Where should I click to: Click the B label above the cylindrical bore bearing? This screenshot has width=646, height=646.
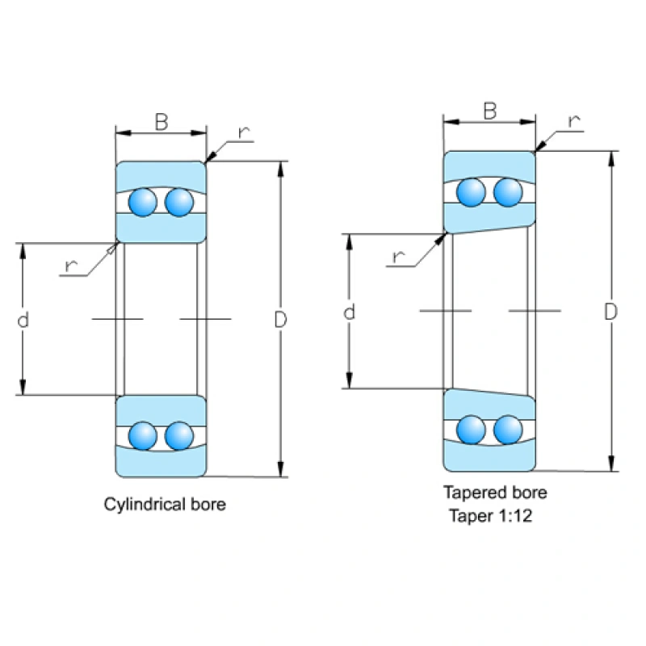161,122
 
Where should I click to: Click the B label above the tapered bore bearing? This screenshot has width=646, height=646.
489,111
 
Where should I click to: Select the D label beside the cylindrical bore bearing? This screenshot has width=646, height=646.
280,320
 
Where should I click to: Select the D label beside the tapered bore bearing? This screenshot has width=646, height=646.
611,312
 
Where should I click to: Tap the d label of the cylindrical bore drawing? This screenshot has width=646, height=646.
23,320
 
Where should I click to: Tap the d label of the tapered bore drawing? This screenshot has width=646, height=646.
349,312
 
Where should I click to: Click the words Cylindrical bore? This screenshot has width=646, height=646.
165,505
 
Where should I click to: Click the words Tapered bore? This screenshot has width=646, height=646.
494,492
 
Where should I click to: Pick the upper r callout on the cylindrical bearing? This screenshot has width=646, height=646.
243,132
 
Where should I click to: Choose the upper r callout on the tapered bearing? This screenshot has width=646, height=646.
574,122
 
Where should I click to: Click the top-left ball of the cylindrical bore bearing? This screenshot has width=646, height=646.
145,202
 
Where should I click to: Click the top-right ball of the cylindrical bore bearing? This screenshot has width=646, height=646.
179,202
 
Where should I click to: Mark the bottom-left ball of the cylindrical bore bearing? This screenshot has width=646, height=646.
145,436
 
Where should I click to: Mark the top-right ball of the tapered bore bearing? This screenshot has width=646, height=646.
508,192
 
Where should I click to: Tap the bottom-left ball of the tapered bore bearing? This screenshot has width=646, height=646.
472,429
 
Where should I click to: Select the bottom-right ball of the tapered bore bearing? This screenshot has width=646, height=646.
508,429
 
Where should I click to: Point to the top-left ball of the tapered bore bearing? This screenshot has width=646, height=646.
472,192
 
